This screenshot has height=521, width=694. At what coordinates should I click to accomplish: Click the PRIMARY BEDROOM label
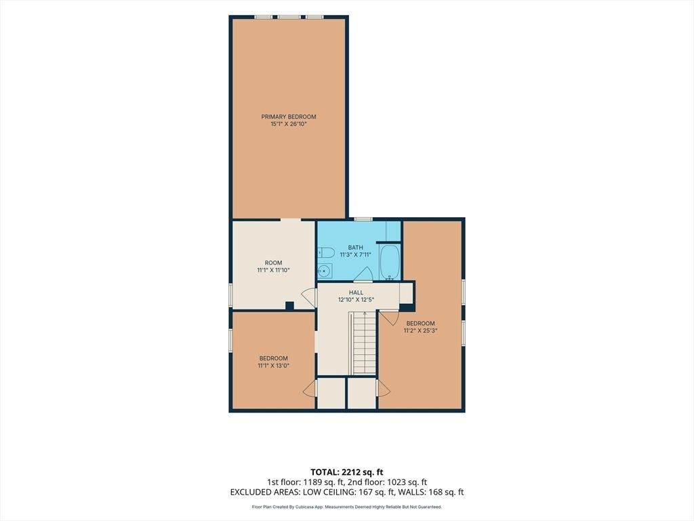tap(289, 117)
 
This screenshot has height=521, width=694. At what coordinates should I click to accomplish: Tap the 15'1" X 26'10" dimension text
tap(289, 125)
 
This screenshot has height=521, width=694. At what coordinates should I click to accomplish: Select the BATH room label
tap(355, 248)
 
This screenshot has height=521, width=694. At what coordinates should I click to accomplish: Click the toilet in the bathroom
tap(325, 253)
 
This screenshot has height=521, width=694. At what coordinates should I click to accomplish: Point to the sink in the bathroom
tap(325, 270)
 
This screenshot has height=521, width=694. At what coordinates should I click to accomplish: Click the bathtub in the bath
tap(390, 261)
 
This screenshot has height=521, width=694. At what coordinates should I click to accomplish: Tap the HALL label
tap(356, 293)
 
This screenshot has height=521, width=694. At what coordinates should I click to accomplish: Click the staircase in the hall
tap(364, 343)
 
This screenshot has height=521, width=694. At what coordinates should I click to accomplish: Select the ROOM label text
tap(274, 263)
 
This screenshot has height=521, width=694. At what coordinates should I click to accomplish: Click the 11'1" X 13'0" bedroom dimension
tap(274, 366)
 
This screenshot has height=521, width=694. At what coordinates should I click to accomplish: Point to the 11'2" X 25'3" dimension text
tap(420, 330)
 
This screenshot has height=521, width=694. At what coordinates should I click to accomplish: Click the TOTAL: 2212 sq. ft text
tap(346, 472)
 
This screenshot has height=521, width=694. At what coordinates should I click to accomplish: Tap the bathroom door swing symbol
tap(364, 274)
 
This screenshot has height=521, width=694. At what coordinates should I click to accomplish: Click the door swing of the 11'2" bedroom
tap(390, 317)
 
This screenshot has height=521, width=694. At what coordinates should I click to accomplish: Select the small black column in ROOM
tap(289, 305)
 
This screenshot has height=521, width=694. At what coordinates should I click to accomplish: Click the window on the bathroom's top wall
tap(363, 219)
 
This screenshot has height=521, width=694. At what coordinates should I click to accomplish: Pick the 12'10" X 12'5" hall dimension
tap(356, 300)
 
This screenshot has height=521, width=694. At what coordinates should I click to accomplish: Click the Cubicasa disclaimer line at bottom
tap(346, 507)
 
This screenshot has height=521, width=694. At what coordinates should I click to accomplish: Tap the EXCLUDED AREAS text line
tap(347, 493)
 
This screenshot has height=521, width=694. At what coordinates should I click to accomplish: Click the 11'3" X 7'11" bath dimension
tap(355, 255)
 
